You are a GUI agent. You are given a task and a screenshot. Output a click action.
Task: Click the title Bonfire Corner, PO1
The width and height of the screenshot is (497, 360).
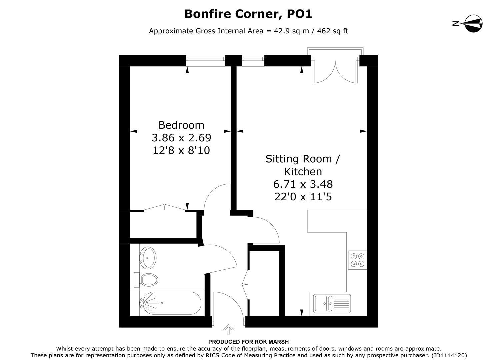[248, 14]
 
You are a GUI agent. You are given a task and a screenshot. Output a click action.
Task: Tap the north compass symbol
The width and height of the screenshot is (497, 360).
[473, 23]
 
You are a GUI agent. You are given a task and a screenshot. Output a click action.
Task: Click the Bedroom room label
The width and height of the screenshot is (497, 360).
[181, 125]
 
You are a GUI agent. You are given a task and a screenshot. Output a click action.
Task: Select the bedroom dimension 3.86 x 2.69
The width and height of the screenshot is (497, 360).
[181, 138]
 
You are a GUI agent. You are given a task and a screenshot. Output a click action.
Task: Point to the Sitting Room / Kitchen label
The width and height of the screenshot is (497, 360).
[303, 165]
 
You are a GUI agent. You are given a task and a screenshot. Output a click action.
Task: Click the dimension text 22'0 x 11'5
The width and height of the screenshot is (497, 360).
[303, 197]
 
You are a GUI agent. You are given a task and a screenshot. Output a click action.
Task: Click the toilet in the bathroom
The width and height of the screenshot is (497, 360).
[147, 280]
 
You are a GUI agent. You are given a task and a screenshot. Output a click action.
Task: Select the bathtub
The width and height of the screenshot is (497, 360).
[170, 303]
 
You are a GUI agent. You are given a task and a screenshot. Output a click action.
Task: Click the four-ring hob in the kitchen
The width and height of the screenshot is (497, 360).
[357, 260]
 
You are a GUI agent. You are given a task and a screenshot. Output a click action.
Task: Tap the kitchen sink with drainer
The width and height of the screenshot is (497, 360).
[332, 303]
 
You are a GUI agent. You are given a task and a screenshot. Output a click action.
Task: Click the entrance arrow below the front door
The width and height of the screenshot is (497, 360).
[228, 329]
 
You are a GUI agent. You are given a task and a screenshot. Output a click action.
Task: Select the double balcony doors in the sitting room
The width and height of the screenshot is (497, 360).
[335, 70]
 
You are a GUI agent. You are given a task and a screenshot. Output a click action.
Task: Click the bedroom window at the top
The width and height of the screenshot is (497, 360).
[206, 59]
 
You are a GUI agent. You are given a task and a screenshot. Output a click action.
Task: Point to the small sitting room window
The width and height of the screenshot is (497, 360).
[253, 59]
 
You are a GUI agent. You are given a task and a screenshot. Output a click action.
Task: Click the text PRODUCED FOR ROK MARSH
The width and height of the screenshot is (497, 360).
[248, 342]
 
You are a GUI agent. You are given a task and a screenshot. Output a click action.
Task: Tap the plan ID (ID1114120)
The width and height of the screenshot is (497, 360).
[449, 355]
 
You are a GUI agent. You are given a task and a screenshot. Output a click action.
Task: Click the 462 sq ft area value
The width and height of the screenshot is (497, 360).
[332, 31]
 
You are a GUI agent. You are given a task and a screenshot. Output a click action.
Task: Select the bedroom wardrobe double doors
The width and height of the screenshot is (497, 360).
[165, 208]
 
